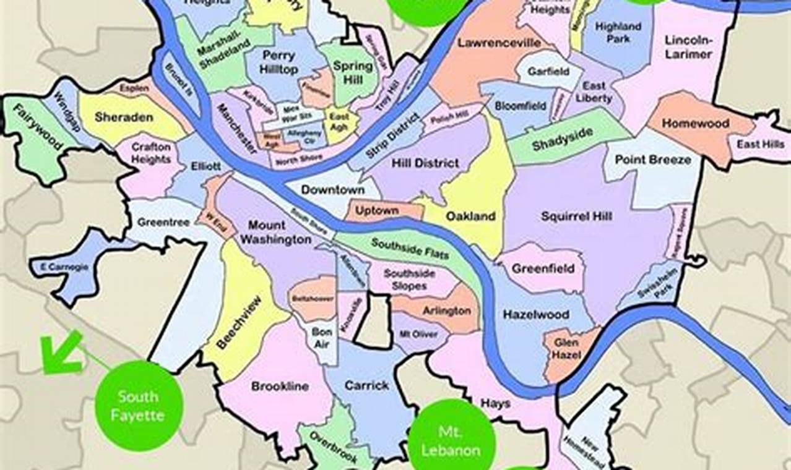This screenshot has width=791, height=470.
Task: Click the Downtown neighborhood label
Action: [332, 190]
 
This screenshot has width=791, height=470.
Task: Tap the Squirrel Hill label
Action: [576, 216]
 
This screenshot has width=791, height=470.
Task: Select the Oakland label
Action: [471, 216]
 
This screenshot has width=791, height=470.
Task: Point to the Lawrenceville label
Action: [499, 43]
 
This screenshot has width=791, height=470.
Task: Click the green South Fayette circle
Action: [139, 405]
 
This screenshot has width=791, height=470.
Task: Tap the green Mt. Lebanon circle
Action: [451, 440]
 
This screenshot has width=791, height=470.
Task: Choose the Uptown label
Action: [376, 210]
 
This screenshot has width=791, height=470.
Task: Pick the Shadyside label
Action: [563, 140]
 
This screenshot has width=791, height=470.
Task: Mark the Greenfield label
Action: [543, 268]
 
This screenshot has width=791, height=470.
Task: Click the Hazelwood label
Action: [536, 314]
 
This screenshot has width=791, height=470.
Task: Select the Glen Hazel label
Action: [566, 350]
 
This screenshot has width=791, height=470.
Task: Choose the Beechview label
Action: [238, 322]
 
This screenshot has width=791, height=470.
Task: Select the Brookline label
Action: [280, 387]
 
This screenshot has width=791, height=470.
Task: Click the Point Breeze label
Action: [652, 160]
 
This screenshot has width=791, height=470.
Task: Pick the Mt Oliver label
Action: [418, 334]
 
